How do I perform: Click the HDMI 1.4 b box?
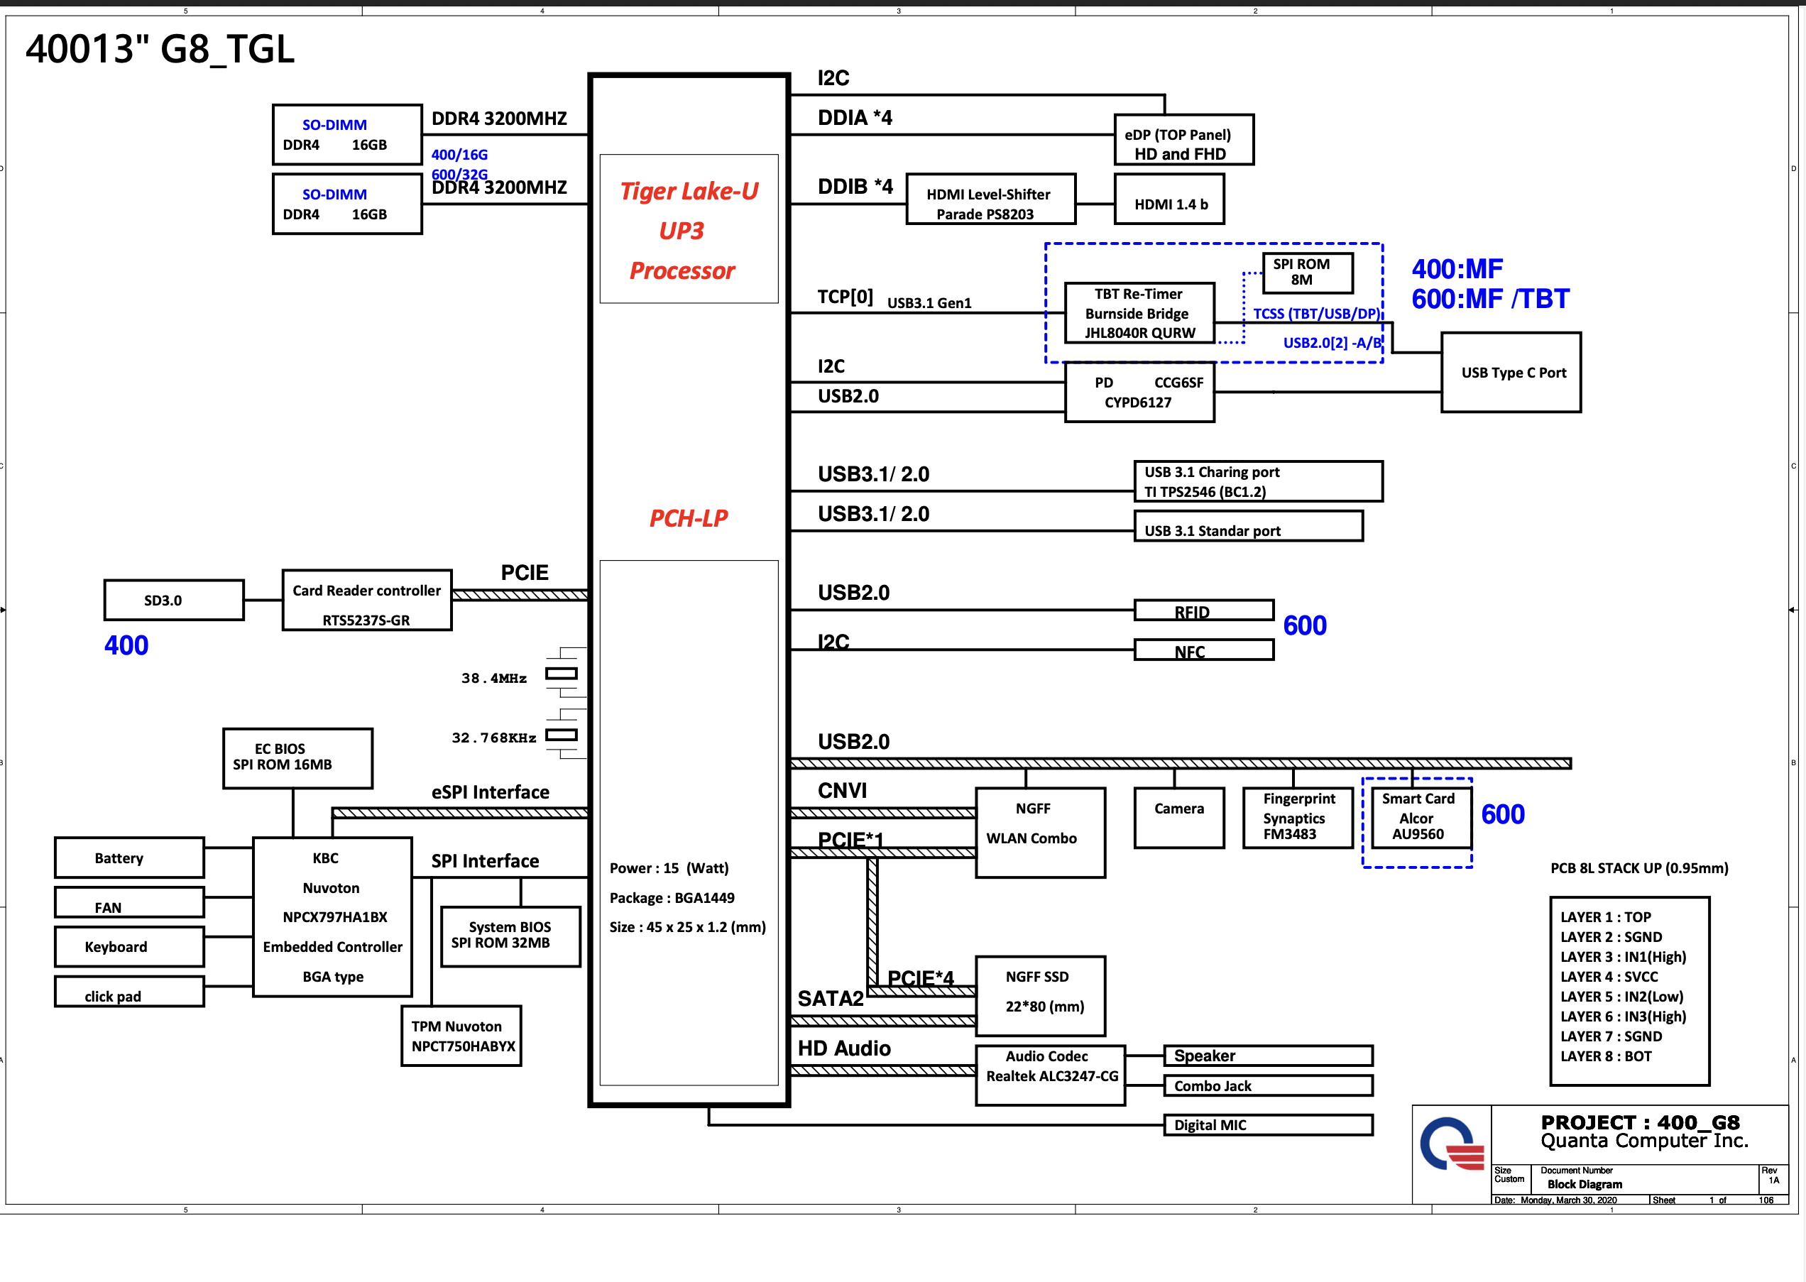pos(1169,200)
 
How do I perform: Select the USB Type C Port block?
pos(1511,373)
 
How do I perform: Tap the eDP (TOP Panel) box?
pos(1183,141)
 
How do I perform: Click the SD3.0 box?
pos(174,601)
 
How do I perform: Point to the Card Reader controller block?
pos(367,601)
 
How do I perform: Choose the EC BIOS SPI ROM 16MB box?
pos(297,759)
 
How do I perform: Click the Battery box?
pos(129,858)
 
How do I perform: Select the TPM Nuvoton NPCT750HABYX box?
pos(461,1036)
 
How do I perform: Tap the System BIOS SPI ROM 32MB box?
pos(510,936)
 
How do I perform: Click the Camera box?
pos(1179,818)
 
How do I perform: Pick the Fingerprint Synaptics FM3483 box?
pos(1298,818)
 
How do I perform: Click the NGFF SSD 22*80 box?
pos(1040,995)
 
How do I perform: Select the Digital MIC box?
pos(1268,1125)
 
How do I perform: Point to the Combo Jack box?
pos(1268,1085)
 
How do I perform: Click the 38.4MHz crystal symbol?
pos(562,674)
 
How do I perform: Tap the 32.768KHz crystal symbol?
pos(562,735)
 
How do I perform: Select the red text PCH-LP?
pos(689,519)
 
